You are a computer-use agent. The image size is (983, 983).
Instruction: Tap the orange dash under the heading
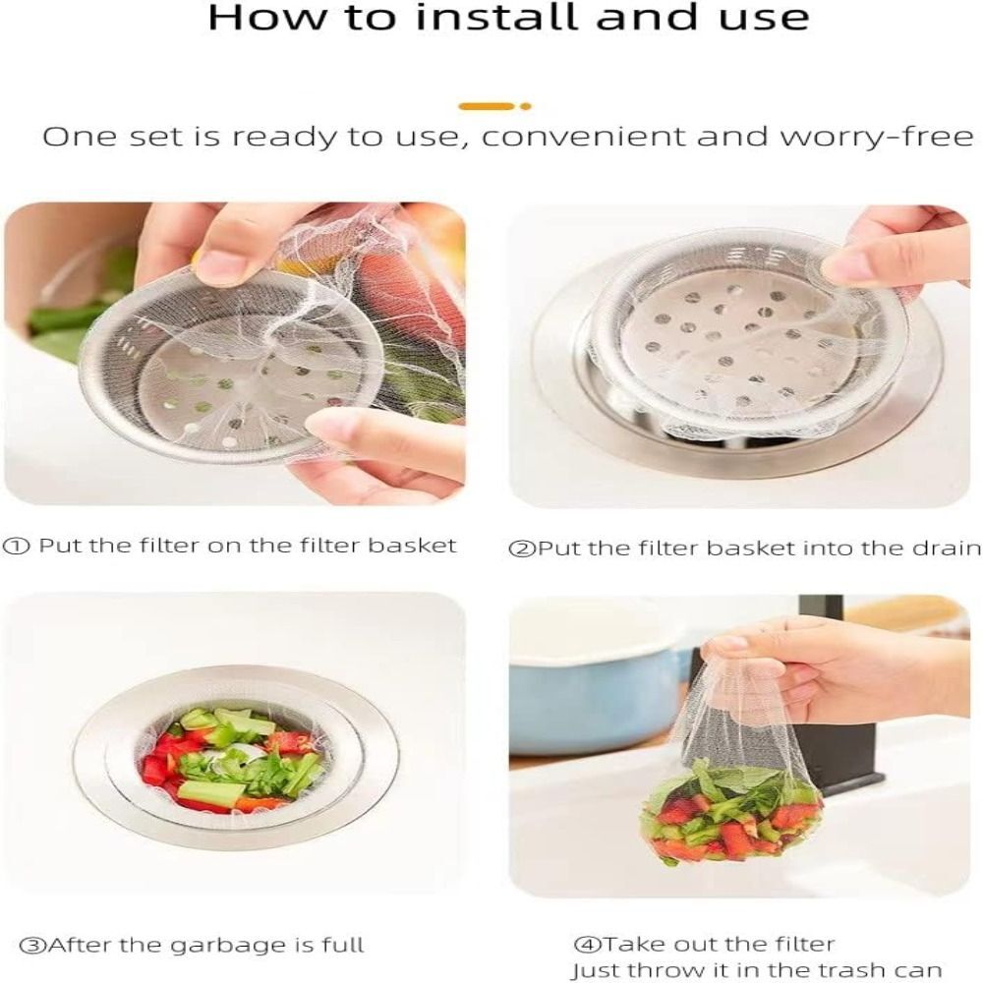pyautogui.click(x=487, y=106)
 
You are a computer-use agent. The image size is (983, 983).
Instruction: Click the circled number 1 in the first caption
pyautogui.click(x=18, y=546)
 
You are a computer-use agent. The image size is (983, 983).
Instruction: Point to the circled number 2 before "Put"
pyautogui.click(x=521, y=549)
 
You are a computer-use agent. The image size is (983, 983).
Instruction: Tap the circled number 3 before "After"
pyautogui.click(x=33, y=947)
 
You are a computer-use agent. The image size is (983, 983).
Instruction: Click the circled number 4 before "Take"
pyautogui.click(x=587, y=946)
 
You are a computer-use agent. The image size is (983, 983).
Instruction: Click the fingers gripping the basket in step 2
pyautogui.click(x=885, y=246)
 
